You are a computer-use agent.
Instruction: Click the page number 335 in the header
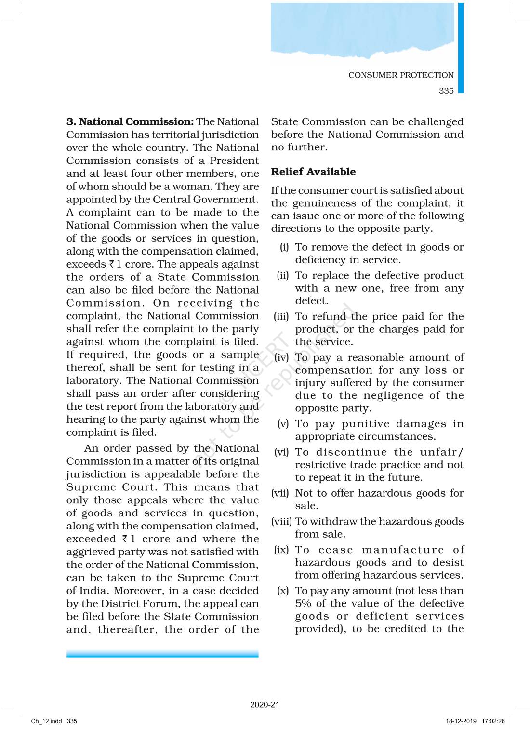coord(446,91)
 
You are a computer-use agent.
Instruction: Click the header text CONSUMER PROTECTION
coord(401,75)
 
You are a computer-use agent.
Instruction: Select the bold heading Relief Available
coord(313,172)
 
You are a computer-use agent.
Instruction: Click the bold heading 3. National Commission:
coord(130,121)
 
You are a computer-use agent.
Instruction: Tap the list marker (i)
coord(284,247)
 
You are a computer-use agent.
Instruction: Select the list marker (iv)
coord(281,357)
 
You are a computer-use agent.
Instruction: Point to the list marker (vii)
coord(280,493)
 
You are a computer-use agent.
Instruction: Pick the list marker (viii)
coord(281,521)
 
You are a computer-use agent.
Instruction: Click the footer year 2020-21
coord(265,704)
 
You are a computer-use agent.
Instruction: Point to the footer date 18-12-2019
coord(461,721)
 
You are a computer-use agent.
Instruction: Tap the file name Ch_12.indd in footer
coord(46,721)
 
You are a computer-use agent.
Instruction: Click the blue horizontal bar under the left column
coord(162,654)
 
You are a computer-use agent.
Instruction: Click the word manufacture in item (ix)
coord(403,550)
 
